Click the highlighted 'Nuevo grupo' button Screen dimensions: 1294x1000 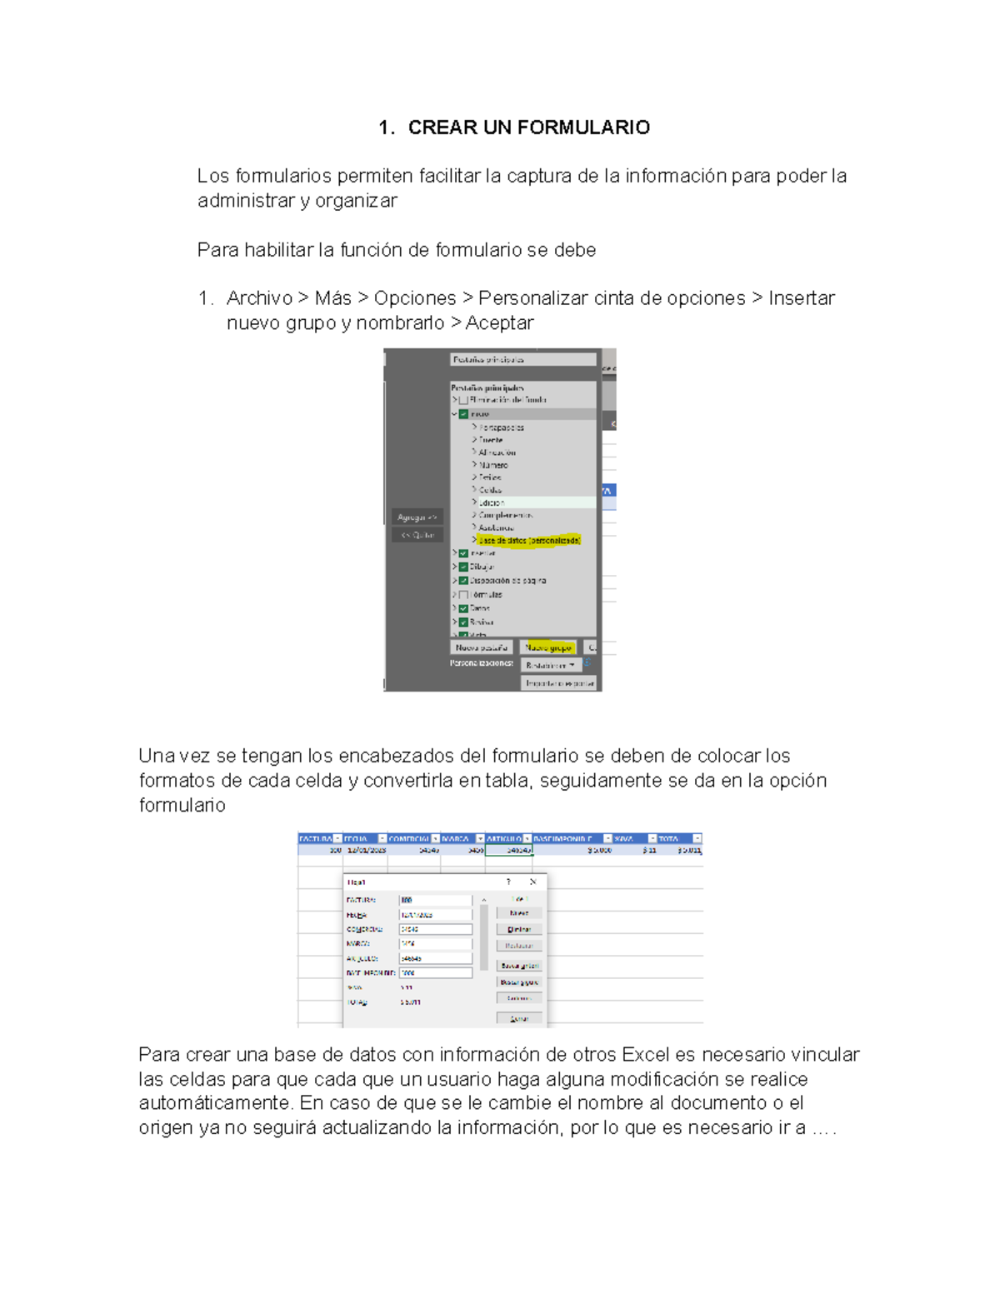pyautogui.click(x=548, y=647)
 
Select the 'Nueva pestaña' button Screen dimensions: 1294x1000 pyautogui.click(x=482, y=647)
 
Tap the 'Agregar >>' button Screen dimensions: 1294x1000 pyautogui.click(x=417, y=517)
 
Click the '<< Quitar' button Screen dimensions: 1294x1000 pyautogui.click(x=417, y=535)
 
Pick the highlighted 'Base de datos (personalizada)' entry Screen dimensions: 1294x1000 pyautogui.click(x=529, y=541)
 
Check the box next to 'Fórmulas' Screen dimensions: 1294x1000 pyautogui.click(x=463, y=595)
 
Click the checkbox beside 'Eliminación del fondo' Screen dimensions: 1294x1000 pyautogui.click(x=463, y=400)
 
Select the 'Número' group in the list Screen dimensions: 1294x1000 pyautogui.click(x=493, y=465)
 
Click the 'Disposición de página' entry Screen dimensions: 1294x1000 pyautogui.click(x=507, y=581)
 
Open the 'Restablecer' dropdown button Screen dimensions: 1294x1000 pyautogui.click(x=551, y=666)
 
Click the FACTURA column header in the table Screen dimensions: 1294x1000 pyautogui.click(x=316, y=839)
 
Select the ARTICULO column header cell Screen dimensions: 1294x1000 pyautogui.click(x=504, y=839)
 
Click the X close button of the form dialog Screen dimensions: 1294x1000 pyautogui.click(x=532, y=882)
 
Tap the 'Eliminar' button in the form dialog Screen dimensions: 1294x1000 pyautogui.click(x=519, y=929)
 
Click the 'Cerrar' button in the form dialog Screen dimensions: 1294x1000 pyautogui.click(x=519, y=1018)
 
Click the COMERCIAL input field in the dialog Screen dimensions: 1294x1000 pyautogui.click(x=436, y=929)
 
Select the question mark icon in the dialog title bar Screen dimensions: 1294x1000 pyautogui.click(x=508, y=882)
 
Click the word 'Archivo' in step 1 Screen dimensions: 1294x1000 pyautogui.click(x=259, y=298)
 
